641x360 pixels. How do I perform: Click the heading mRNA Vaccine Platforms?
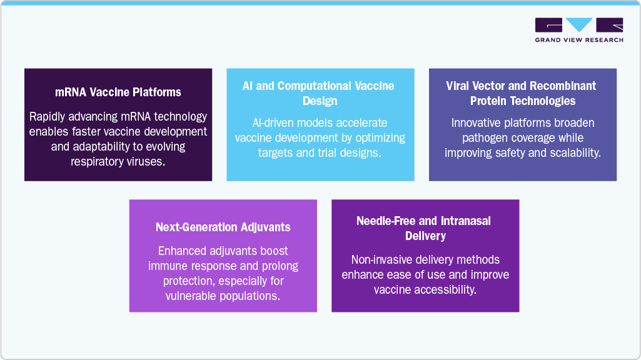tap(118, 92)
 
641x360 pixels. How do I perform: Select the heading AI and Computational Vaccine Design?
tap(320, 93)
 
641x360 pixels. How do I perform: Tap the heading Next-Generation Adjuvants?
tap(223, 227)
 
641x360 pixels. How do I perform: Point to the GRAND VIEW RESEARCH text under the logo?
tap(579, 40)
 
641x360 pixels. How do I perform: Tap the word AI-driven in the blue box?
tap(276, 122)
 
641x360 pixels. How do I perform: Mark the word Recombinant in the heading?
tap(566, 86)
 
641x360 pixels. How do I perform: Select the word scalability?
tap(573, 152)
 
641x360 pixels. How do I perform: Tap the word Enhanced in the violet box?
tap(180, 251)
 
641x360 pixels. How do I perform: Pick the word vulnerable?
tap(193, 295)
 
